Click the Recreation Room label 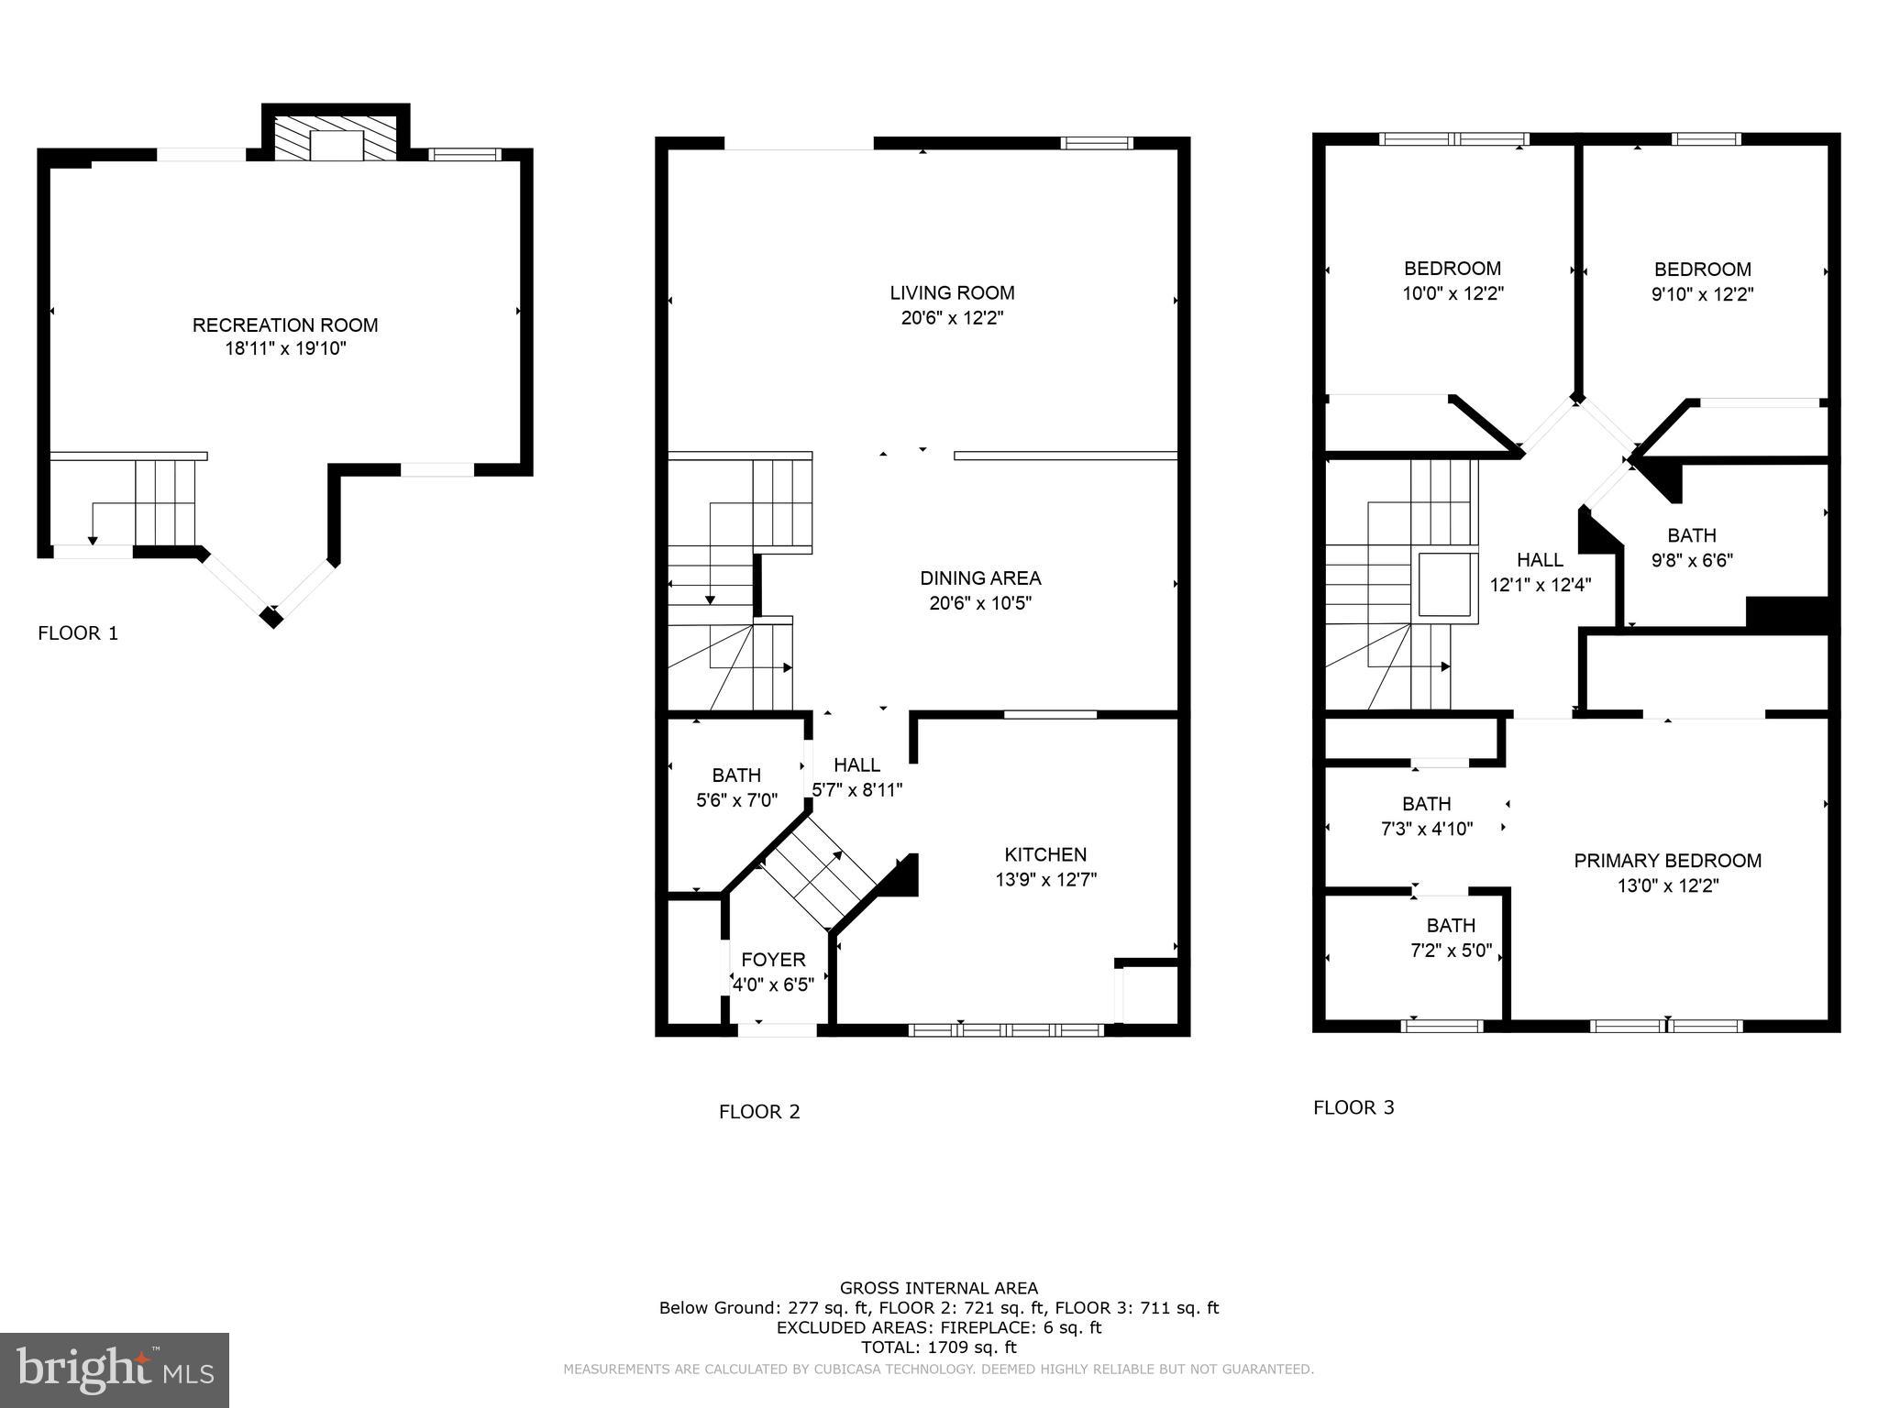(285, 324)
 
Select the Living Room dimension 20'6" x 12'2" (952, 318)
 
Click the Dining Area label (980, 577)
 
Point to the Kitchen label (1045, 854)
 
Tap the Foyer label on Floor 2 (773, 960)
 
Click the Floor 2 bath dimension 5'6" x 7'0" (736, 800)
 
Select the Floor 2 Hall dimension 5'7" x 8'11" (856, 789)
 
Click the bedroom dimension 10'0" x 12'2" (1453, 293)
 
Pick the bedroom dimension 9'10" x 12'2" (1703, 294)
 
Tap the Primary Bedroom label (1667, 861)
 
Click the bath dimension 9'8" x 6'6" (1692, 560)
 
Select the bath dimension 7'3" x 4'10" (1427, 829)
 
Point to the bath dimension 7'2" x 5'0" (1452, 951)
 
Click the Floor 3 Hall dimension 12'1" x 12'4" (1540, 585)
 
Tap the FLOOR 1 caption (78, 633)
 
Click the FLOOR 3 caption (1353, 1107)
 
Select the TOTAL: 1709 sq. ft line (938, 1347)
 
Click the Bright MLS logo (115, 1369)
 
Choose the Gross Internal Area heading (938, 1288)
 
